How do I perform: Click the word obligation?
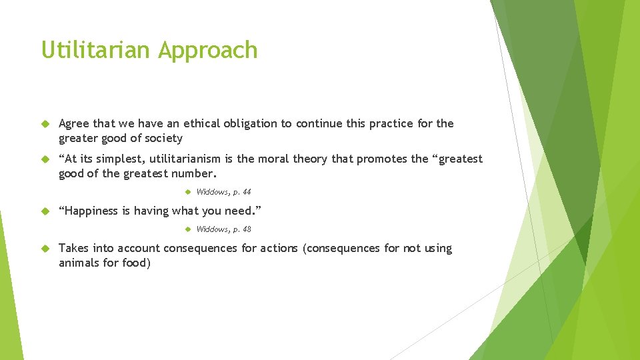(260, 124)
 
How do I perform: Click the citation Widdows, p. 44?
(224, 192)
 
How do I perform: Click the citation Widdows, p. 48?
(224, 229)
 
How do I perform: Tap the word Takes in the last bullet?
(74, 249)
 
